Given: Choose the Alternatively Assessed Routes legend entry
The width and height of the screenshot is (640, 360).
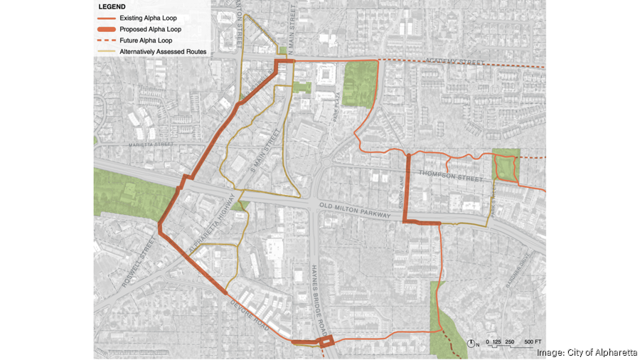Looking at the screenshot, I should point(163,52).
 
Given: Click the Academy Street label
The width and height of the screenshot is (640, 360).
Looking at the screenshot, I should point(455,62).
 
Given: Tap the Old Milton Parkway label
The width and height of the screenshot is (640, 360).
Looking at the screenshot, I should point(355,211).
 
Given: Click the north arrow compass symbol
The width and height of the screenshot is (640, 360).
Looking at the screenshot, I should point(472,343).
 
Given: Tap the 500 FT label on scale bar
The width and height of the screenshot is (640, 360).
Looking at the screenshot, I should point(533,343).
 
